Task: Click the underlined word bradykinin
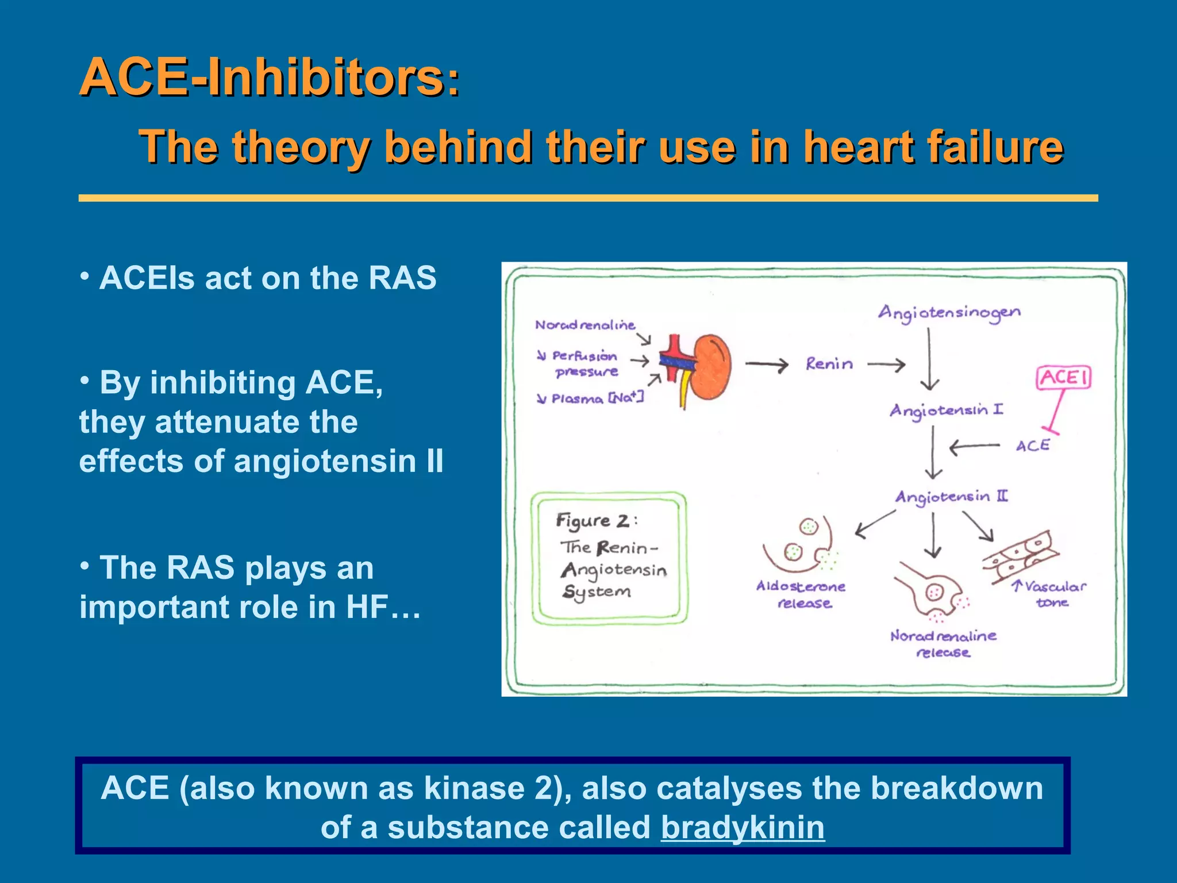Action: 743,828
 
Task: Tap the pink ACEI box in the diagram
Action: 1064,378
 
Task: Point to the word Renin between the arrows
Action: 829,364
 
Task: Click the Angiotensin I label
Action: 946,410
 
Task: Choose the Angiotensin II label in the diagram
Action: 951,497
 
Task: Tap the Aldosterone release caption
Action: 801,594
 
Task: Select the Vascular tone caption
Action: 1049,594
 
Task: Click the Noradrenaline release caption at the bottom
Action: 943,644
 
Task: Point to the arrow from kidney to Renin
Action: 766,364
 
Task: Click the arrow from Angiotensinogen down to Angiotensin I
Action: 929,359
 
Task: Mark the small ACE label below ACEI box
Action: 1032,446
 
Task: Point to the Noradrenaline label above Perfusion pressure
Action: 585,325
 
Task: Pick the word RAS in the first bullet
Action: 402,278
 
